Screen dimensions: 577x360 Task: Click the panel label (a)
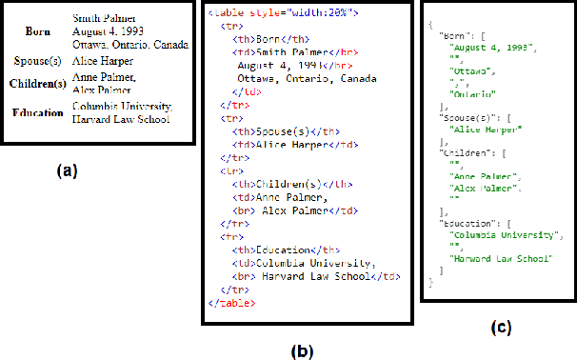point(66,171)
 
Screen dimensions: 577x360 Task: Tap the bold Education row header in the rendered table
point(38,112)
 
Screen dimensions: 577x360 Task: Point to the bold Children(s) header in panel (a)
point(37,83)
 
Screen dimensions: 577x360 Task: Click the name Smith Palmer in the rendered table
point(105,18)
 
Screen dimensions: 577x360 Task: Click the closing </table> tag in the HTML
point(231,302)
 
